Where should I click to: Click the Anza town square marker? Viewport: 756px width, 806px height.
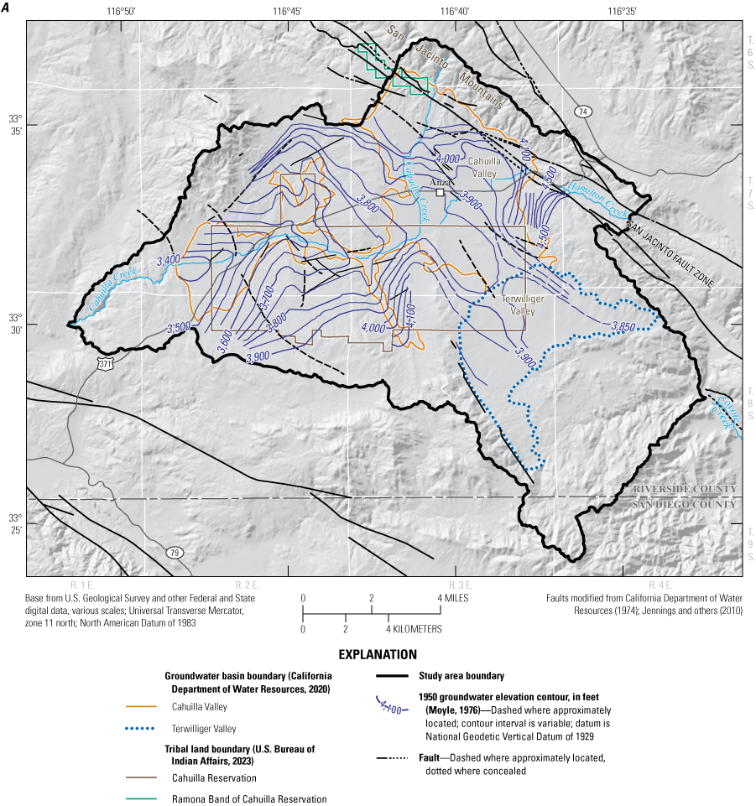tap(440, 192)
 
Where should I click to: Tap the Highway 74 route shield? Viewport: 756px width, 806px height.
tap(583, 111)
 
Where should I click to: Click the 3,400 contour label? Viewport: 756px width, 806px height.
tap(168, 261)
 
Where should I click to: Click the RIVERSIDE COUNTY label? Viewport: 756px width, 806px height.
tap(685, 490)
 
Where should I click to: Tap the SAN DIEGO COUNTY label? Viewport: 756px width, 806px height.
tap(685, 504)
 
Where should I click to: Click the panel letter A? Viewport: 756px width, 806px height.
tap(6, 8)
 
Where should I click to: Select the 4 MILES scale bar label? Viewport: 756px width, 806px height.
tap(452, 598)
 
